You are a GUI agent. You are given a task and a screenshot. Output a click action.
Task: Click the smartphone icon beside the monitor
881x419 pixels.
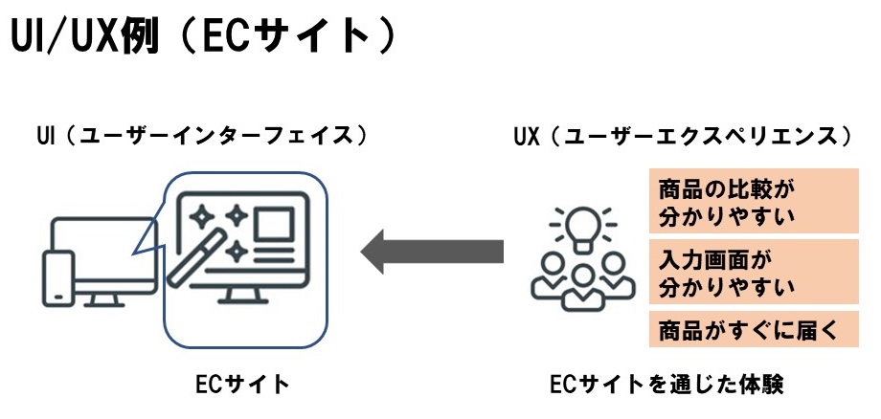[x=58, y=277]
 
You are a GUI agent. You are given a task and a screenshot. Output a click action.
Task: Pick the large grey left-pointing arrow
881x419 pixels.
[x=432, y=251]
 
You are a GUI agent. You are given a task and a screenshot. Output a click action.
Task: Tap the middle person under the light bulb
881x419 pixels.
[x=580, y=286]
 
